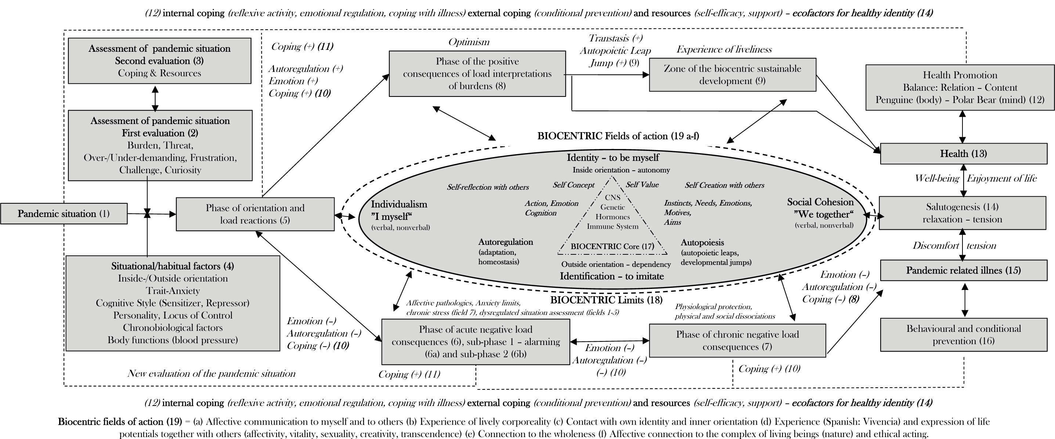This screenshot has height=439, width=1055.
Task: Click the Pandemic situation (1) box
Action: (x=64, y=214)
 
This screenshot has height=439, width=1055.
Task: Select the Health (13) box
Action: (x=963, y=153)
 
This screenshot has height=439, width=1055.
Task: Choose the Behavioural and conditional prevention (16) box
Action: (x=963, y=335)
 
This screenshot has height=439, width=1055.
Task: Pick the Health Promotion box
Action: (x=960, y=87)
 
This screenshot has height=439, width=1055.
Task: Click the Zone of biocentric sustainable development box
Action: (x=732, y=75)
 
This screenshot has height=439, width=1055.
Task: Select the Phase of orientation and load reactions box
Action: (x=255, y=214)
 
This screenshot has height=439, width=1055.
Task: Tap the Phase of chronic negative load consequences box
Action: (x=737, y=340)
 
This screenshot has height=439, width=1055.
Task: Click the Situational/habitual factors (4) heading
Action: (x=173, y=266)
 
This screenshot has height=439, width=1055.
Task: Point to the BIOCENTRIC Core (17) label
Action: (x=612, y=247)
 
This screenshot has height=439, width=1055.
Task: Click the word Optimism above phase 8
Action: (x=469, y=42)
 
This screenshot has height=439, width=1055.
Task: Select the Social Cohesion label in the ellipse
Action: (x=820, y=202)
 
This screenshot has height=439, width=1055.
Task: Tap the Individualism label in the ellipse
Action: (x=399, y=204)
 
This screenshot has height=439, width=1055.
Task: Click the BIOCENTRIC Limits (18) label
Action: (x=606, y=300)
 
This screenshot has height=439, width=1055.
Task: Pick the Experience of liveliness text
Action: (x=724, y=50)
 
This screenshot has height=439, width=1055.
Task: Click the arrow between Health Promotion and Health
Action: (x=962, y=127)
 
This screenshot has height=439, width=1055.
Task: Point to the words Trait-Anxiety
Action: (x=173, y=291)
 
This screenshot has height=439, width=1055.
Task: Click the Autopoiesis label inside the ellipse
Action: (x=702, y=242)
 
